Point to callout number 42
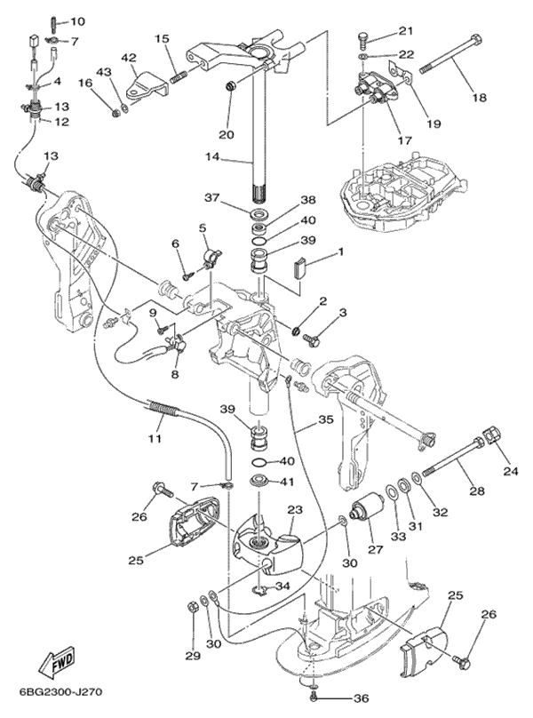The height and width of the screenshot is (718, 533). [129, 58]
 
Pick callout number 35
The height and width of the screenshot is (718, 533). [325, 420]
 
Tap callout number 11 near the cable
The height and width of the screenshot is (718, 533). [156, 439]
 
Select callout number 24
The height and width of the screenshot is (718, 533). [511, 470]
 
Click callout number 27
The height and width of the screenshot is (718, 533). [375, 549]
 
